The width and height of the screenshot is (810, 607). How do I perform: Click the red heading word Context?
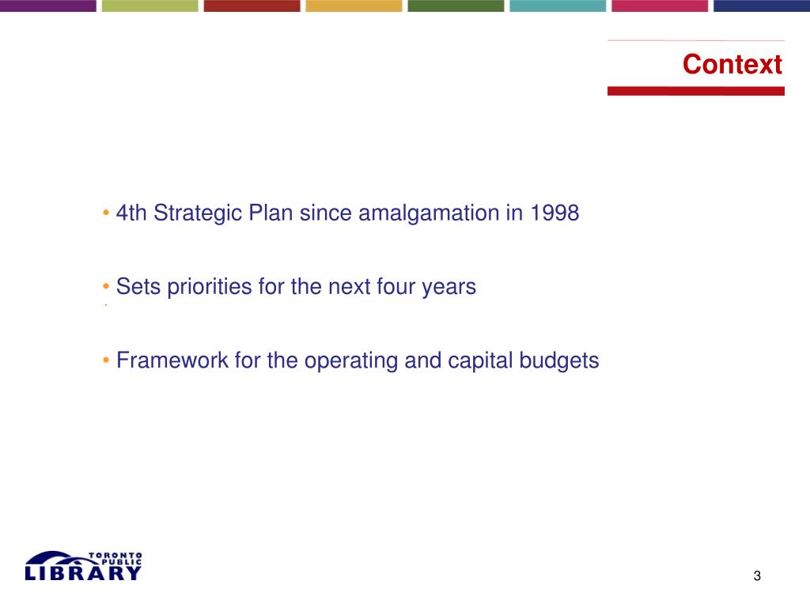point(732,64)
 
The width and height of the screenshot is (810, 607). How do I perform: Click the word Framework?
point(172,360)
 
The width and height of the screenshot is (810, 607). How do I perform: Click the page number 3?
point(757,575)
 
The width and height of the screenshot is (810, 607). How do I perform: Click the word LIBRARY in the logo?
point(82,573)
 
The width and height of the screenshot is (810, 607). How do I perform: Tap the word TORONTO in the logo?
point(115,556)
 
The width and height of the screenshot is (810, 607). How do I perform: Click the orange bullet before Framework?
point(106,360)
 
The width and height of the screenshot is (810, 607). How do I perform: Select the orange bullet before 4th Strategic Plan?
point(106,212)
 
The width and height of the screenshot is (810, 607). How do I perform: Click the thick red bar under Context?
point(696,91)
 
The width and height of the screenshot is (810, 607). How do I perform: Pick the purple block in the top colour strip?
point(48,6)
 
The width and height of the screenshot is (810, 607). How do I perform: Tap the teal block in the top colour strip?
point(558,6)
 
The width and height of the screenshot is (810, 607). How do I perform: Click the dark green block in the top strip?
point(456,6)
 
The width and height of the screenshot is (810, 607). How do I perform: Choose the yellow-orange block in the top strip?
point(354,6)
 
